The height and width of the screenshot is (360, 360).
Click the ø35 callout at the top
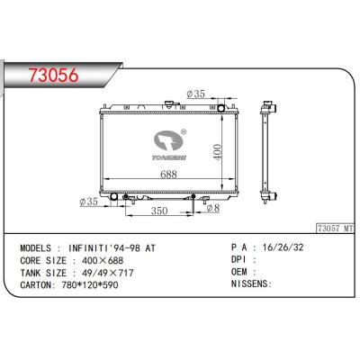[195, 92]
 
